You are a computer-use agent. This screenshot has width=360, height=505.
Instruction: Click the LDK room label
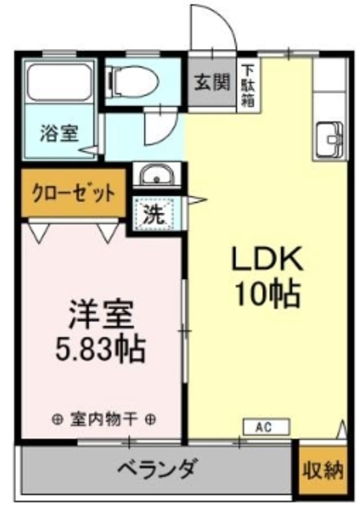pyautogui.click(x=265, y=260)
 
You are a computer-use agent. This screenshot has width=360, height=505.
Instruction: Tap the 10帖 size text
pyautogui.click(x=265, y=294)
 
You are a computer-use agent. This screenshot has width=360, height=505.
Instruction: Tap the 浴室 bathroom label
pyautogui.click(x=59, y=133)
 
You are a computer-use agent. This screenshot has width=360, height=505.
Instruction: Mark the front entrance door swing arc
pyautogui.click(x=213, y=28)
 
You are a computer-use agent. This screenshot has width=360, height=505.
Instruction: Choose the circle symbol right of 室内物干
pyautogui.click(x=149, y=418)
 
